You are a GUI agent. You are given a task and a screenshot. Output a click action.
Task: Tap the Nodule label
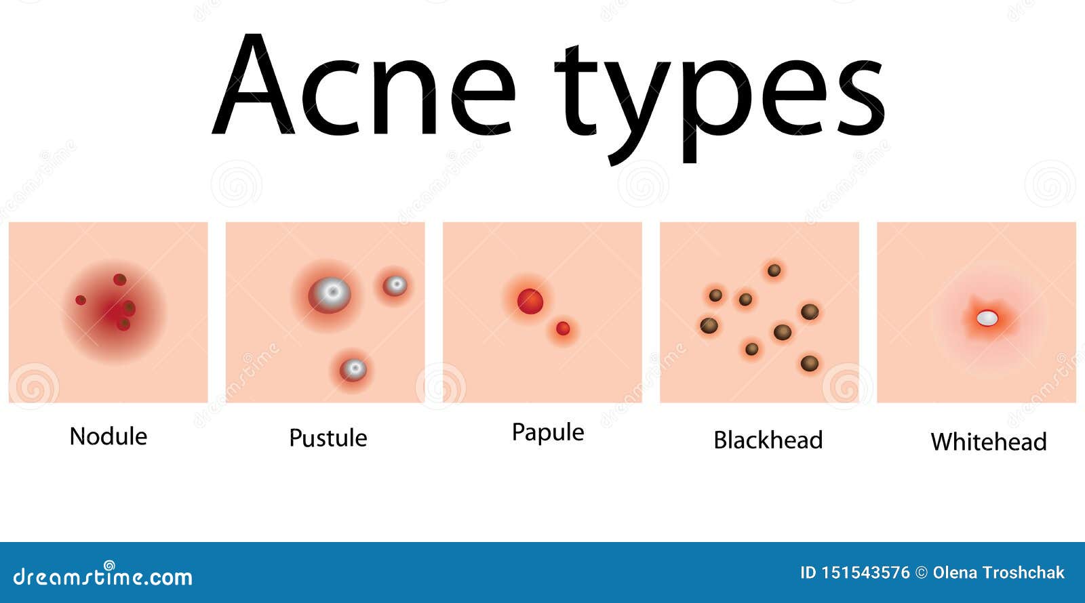[x=108, y=436]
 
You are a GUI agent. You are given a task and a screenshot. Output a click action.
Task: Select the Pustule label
[x=328, y=438]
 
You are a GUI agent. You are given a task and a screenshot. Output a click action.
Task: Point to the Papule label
[x=548, y=432]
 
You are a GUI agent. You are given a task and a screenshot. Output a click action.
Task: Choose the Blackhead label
[x=768, y=440]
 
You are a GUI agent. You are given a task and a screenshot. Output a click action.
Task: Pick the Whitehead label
[x=989, y=442]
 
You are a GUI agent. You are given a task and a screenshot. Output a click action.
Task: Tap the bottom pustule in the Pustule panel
[x=353, y=370]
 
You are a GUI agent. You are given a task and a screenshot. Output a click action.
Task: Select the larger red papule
[x=530, y=301]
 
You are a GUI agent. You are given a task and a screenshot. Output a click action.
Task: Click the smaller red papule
[x=563, y=329]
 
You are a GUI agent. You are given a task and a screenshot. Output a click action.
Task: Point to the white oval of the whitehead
[x=987, y=317]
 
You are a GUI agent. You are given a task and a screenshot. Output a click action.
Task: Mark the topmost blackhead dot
[x=774, y=271]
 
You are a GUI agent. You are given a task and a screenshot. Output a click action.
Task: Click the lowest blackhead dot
[x=809, y=364]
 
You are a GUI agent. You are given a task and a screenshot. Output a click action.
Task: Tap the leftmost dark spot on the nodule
[x=81, y=300]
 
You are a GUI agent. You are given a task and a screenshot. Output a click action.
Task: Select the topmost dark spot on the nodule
[x=120, y=279]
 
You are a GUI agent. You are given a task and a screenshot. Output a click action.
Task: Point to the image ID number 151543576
[x=865, y=573]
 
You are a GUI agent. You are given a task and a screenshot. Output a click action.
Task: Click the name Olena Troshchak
[x=998, y=573]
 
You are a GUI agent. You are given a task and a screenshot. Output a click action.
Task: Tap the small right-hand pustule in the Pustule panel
[x=395, y=286]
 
